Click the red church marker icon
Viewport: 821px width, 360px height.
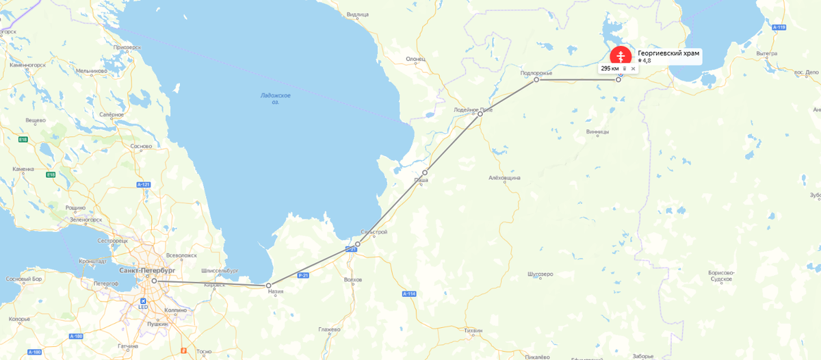pyautogui.click(x=621, y=56)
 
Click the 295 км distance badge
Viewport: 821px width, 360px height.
pyautogui.click(x=610, y=68)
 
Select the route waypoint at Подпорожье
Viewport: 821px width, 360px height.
pyautogui.click(x=536, y=80)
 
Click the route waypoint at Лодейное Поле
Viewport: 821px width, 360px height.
pyautogui.click(x=480, y=114)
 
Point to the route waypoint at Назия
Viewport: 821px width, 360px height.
pyautogui.click(x=269, y=285)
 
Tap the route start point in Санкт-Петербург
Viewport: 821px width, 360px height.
pyautogui.click(x=155, y=281)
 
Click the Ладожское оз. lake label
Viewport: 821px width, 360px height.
pyautogui.click(x=276, y=99)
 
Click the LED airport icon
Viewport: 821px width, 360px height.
pyautogui.click(x=143, y=300)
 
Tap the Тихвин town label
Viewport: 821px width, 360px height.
pyautogui.click(x=473, y=331)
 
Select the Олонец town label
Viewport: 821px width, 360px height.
pyautogui.click(x=415, y=59)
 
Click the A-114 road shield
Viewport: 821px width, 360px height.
pyautogui.click(x=409, y=294)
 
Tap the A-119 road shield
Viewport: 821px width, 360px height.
pyautogui.click(x=778, y=27)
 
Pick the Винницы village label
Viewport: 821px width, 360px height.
pyautogui.click(x=597, y=132)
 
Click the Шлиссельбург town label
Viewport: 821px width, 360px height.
pyautogui.click(x=220, y=270)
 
